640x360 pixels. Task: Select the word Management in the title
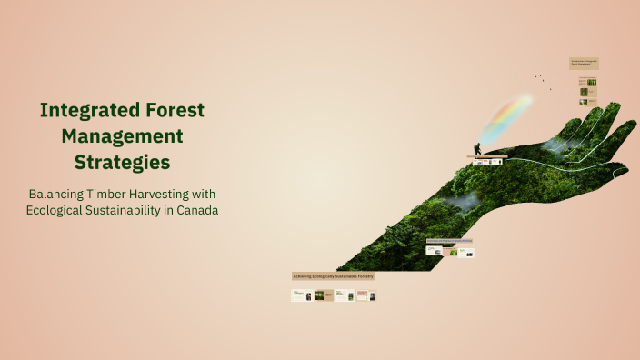tap(123, 136)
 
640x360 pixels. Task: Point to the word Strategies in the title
tap(123, 163)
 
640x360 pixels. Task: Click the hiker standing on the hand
tap(477, 149)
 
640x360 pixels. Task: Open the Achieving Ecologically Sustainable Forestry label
tap(333, 275)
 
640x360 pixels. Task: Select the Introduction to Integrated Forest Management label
tap(584, 64)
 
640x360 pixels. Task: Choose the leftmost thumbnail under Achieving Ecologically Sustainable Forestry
tap(302, 295)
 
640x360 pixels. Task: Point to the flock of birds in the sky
tap(543, 80)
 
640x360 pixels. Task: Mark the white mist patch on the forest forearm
tap(465, 201)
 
